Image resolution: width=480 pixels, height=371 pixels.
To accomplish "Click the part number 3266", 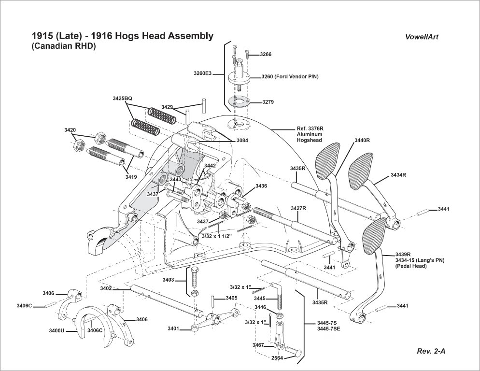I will pyautogui.click(x=266, y=55).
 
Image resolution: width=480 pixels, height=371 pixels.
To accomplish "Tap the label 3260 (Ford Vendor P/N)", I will pyautogui.click(x=290, y=76).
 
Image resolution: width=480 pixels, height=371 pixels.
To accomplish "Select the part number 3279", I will pyautogui.click(x=268, y=102).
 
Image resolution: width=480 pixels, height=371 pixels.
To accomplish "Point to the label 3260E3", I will pyautogui.click(x=202, y=73).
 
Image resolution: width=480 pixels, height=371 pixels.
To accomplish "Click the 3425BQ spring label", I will pyautogui.click(x=122, y=98).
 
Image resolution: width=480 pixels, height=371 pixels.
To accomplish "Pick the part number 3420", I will pyautogui.click(x=70, y=130).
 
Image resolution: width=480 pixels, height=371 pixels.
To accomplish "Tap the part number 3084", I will pyautogui.click(x=243, y=140).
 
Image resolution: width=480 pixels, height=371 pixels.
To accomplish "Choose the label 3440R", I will pyautogui.click(x=362, y=140).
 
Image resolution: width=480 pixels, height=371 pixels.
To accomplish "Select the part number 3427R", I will pyautogui.click(x=298, y=208).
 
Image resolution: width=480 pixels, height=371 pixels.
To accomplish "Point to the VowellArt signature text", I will pyautogui.click(x=422, y=37).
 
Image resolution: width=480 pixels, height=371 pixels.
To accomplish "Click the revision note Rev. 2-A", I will pyautogui.click(x=431, y=351).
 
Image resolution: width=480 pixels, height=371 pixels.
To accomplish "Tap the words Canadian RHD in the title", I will pyautogui.click(x=64, y=46).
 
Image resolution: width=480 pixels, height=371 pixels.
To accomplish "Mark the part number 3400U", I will pyautogui.click(x=56, y=331).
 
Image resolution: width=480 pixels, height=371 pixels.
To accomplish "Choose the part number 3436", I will pyautogui.click(x=261, y=186).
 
